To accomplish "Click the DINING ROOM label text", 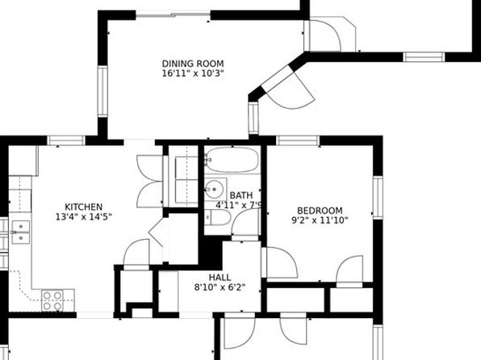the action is pyautogui.click(x=193, y=64).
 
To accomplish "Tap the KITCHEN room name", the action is pyautogui.click(x=83, y=207).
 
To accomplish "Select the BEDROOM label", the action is pyautogui.click(x=320, y=211).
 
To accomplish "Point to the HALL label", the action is pyautogui.click(x=220, y=278).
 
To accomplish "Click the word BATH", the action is pyautogui.click(x=241, y=195).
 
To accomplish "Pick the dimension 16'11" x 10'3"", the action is pyautogui.click(x=193, y=73).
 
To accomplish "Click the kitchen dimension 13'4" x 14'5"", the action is pyautogui.click(x=83, y=216).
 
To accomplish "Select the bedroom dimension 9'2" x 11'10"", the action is pyautogui.click(x=320, y=220).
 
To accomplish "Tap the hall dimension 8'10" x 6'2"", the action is pyautogui.click(x=220, y=287).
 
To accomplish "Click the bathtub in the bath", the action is pyautogui.click(x=232, y=160).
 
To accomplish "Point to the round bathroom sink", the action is pyautogui.click(x=214, y=189).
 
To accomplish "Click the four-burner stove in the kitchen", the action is pyautogui.click(x=52, y=301).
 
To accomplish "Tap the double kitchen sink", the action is pyautogui.click(x=21, y=232).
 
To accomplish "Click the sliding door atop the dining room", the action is pyautogui.click(x=174, y=15).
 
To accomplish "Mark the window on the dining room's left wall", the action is pyautogui.click(x=102, y=91).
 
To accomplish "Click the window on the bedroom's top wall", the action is pyautogui.click(x=298, y=140).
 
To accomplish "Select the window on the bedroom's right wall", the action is pyautogui.click(x=378, y=198).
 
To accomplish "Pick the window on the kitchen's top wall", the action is pyautogui.click(x=66, y=140).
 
